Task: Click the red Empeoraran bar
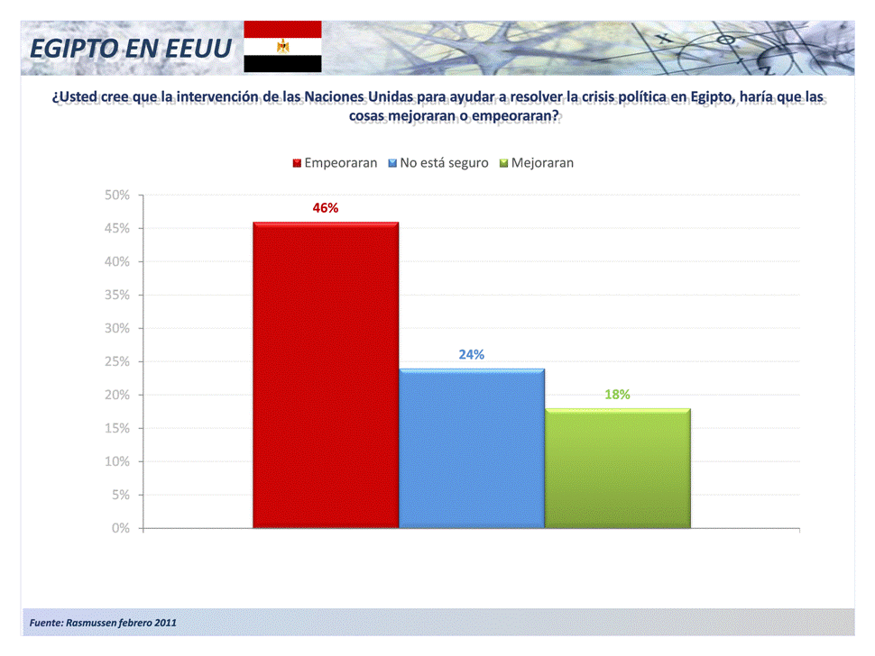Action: pyautogui.click(x=326, y=374)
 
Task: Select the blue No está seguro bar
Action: pyautogui.click(x=472, y=448)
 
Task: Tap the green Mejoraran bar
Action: pyautogui.click(x=618, y=468)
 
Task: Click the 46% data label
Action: pyautogui.click(x=326, y=208)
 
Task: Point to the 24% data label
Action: pyautogui.click(x=472, y=354)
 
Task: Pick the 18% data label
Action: pyautogui.click(x=618, y=394)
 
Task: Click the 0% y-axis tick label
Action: pyautogui.click(x=121, y=528)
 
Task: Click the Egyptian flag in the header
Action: pyautogui.click(x=283, y=47)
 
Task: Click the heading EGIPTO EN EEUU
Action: pyautogui.click(x=131, y=48)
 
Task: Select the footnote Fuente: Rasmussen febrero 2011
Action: pyautogui.click(x=104, y=623)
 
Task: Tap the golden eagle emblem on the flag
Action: pyautogui.click(x=283, y=46)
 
